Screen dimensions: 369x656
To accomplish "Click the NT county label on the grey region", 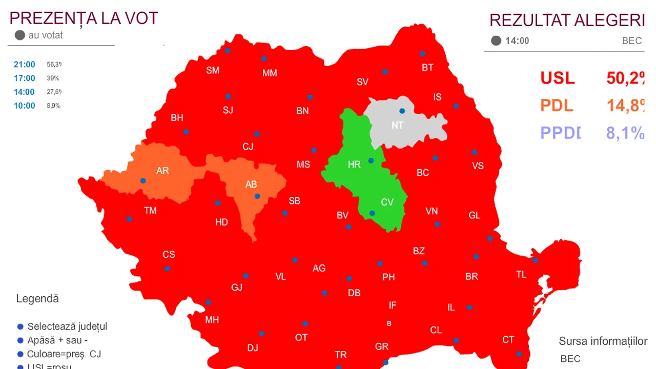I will (397, 125).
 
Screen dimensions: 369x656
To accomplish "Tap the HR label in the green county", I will (354, 165).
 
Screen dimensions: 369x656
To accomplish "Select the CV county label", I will (387, 202).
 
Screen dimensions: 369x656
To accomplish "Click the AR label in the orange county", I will (162, 171).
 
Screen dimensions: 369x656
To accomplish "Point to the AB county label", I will (251, 184).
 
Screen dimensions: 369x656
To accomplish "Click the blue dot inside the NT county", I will (402, 111).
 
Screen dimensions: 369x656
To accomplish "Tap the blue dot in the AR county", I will (143, 180).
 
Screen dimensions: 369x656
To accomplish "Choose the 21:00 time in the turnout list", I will (25, 65).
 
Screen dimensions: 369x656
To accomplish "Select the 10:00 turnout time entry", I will (25, 106).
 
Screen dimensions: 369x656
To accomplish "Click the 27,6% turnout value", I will (54, 92).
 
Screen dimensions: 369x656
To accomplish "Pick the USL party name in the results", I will (558, 78).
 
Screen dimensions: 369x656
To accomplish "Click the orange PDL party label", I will (557, 106).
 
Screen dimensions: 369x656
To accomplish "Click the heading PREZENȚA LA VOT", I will (84, 18).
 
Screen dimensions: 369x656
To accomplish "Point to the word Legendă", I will (37, 299).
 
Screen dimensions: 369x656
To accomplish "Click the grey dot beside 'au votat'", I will (20, 35).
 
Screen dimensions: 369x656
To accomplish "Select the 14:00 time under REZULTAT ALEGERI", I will (517, 41).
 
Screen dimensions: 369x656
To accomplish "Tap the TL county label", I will (521, 275).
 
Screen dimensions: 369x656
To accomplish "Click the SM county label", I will (213, 71).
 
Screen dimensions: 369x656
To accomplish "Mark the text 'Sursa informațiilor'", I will (603, 341).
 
